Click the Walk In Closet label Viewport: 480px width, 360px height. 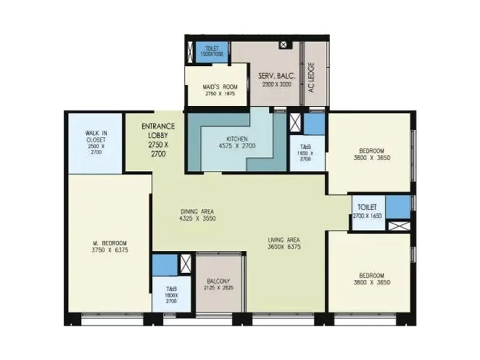(x=94, y=142)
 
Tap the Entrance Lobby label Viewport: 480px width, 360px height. (x=158, y=140)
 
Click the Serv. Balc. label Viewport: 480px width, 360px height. (x=275, y=80)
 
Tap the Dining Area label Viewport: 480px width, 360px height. (x=197, y=215)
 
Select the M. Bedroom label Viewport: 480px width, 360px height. (x=109, y=246)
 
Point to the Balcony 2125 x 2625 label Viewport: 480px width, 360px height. (x=220, y=284)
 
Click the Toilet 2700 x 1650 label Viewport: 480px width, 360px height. (x=367, y=211)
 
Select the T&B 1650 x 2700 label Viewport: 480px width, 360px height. (x=305, y=154)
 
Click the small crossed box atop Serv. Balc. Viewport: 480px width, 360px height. (x=284, y=44)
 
